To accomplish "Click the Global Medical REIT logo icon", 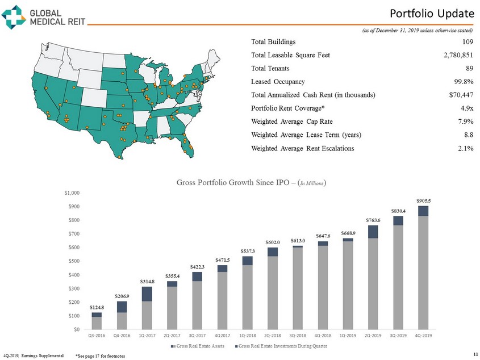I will [14, 16].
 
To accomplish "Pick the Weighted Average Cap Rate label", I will [292, 122].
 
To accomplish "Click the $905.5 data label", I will [423, 200].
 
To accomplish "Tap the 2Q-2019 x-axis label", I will [373, 335].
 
